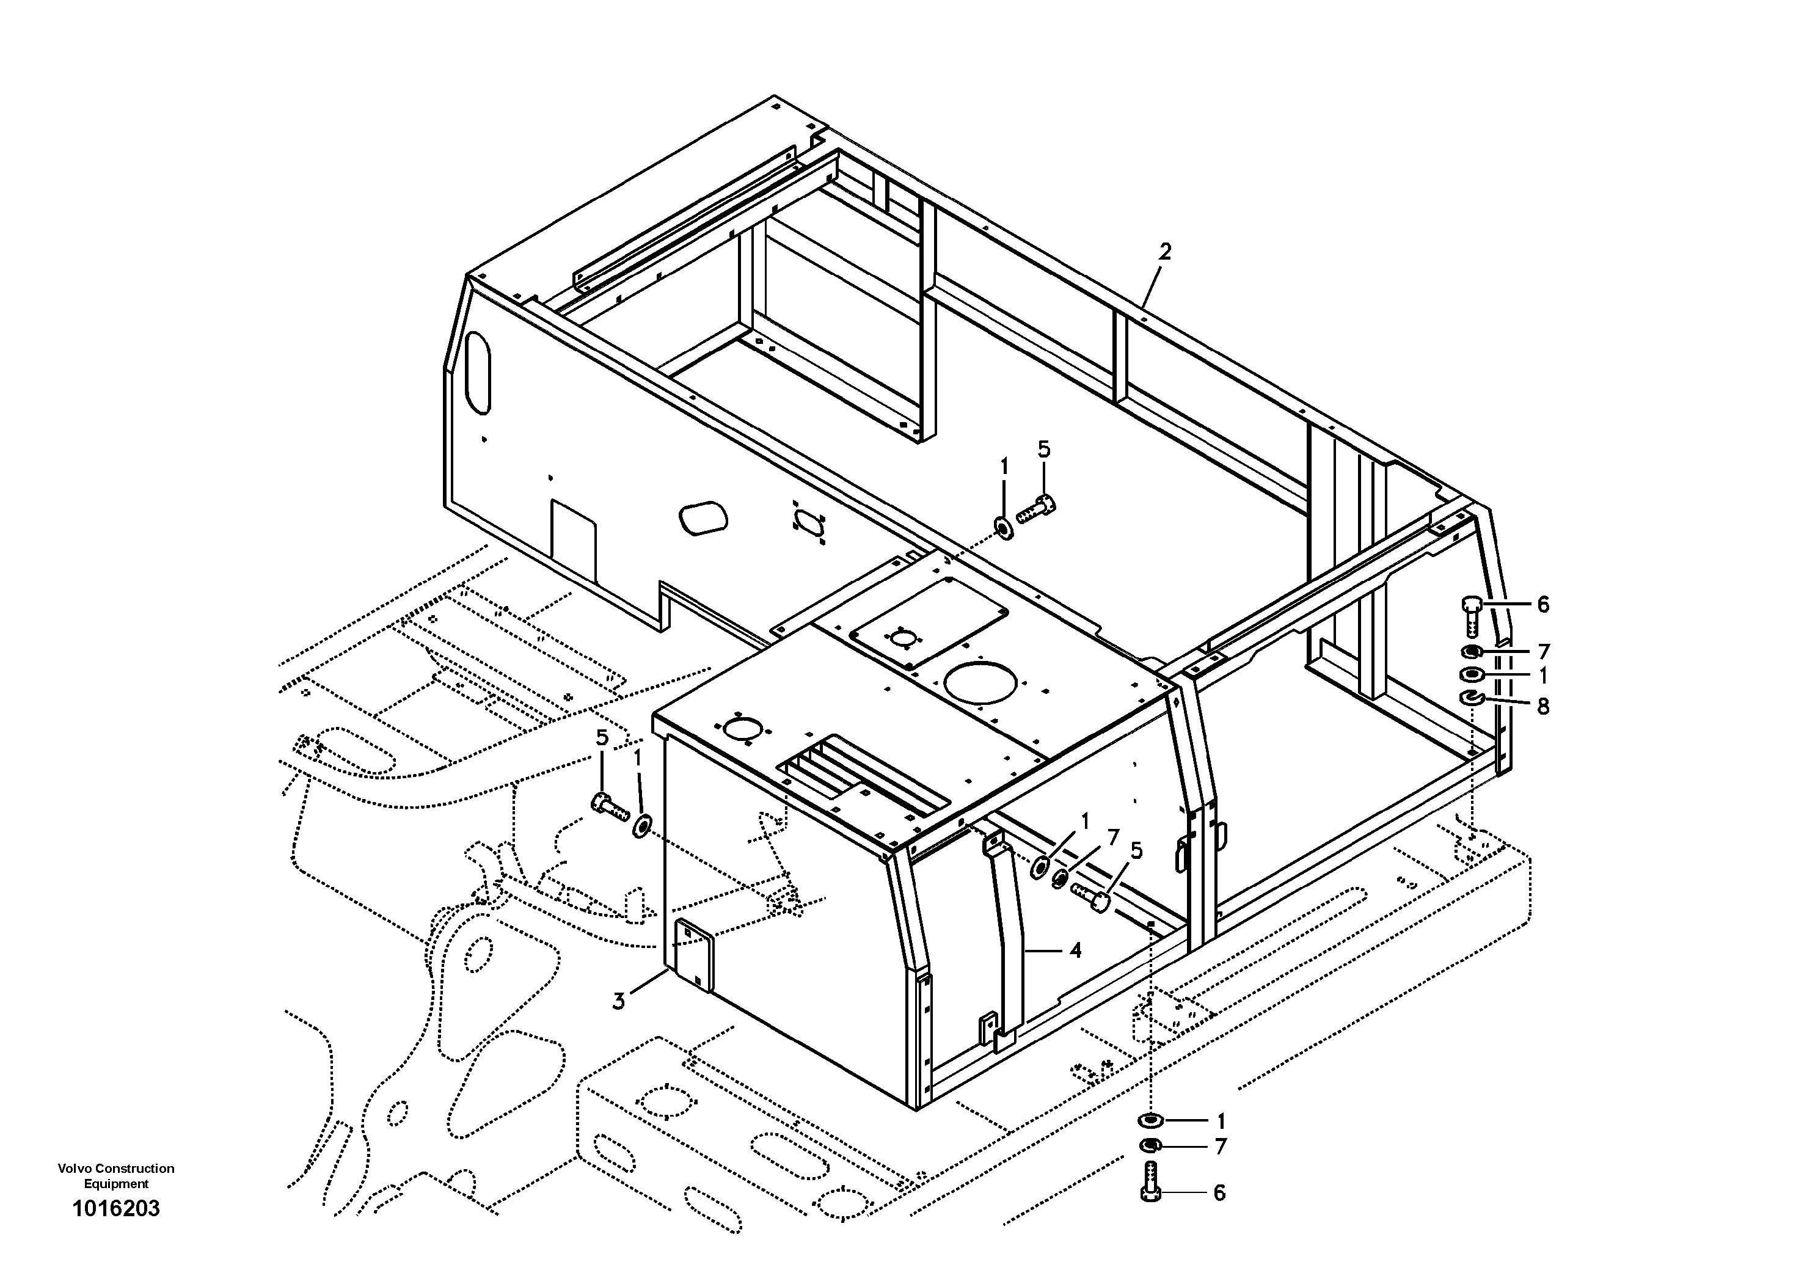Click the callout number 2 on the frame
pos(1165,252)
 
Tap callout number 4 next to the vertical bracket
pos(1075,950)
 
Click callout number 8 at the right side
pos(1542,706)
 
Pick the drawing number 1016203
pos(115,1208)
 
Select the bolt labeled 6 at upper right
pos(1470,613)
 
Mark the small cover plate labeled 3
pos(693,954)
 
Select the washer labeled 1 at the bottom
pos(1150,1120)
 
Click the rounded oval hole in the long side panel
pos(703,518)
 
